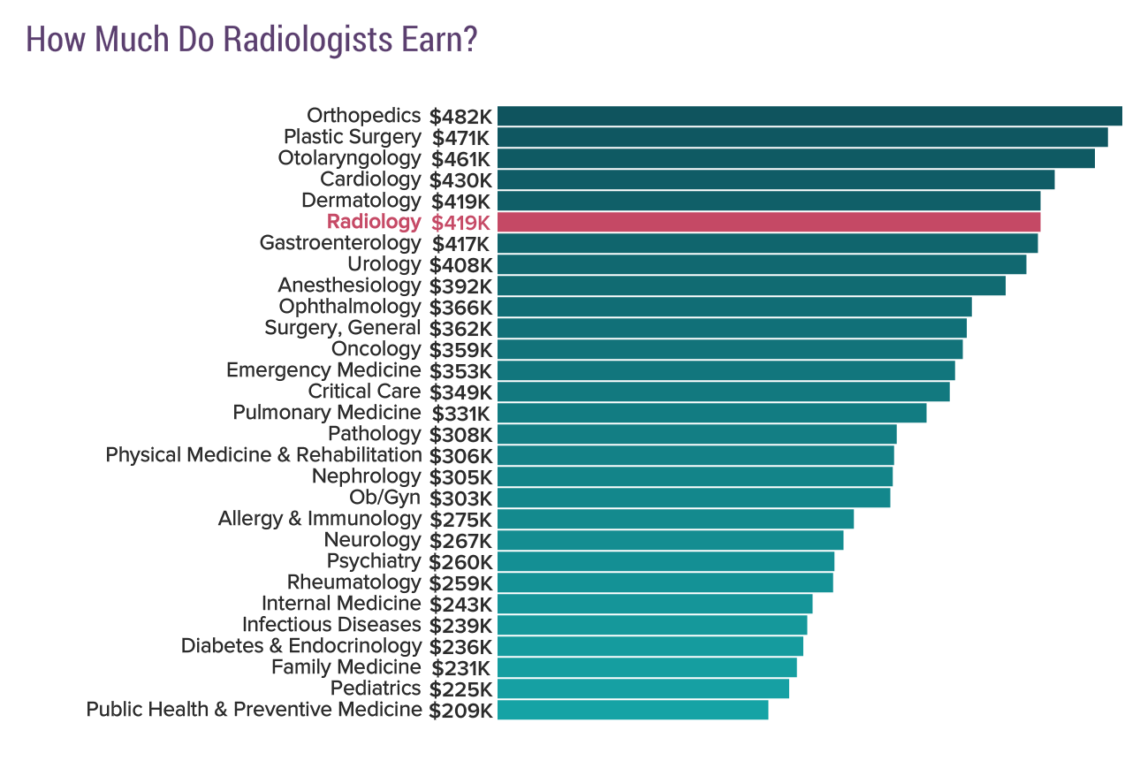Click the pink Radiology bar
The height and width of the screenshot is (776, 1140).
point(769,222)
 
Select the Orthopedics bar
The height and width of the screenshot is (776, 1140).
point(809,116)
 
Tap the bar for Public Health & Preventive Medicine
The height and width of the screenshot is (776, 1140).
point(633,710)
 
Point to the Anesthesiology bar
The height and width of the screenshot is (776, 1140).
point(751,285)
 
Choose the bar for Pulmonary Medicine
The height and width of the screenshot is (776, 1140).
point(711,413)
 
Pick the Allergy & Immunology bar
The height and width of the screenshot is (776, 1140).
point(675,519)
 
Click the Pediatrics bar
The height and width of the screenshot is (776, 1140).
point(643,689)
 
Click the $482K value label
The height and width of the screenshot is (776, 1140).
point(460,117)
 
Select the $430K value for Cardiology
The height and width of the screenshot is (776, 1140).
point(460,180)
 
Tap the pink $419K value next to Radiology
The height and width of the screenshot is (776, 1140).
point(460,223)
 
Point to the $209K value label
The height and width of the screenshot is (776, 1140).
point(460,711)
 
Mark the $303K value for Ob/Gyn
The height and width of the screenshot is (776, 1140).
point(460,498)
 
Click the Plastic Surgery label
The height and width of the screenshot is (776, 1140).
point(352,137)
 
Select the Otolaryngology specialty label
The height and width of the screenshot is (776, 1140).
point(349,158)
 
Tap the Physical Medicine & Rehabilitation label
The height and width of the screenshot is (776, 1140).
point(263,455)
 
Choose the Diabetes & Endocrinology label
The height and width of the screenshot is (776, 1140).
point(301,646)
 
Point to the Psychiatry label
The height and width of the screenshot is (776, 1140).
point(373,561)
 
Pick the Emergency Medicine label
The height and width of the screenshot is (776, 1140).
point(323,370)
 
